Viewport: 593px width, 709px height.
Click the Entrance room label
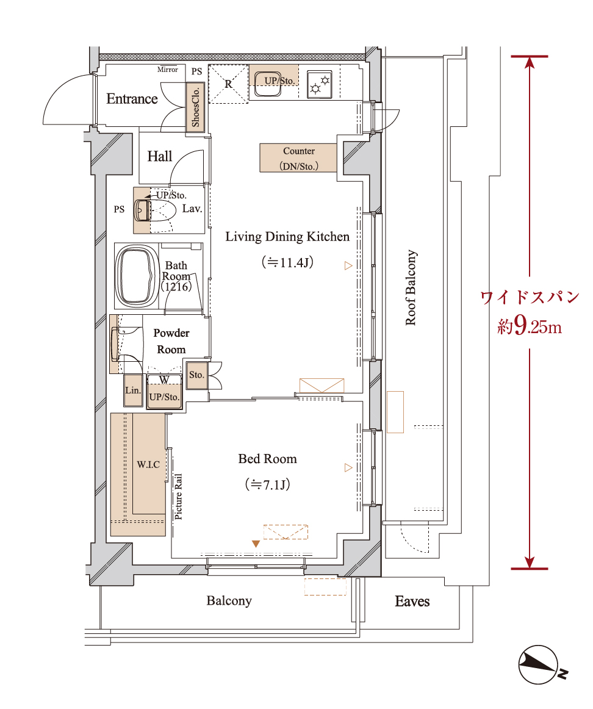point(132,99)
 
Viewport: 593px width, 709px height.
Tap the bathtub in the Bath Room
point(137,275)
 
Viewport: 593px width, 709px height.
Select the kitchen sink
point(267,84)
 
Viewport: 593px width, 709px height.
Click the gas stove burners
point(320,85)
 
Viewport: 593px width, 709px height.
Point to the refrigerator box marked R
point(228,84)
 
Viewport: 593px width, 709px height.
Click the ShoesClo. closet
point(195,107)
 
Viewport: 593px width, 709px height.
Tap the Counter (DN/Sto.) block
point(298,158)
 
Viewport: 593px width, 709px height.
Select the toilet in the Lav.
point(156,211)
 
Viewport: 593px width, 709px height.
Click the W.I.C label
point(148,464)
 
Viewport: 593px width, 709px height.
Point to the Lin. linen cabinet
point(134,390)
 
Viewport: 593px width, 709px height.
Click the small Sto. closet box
point(196,375)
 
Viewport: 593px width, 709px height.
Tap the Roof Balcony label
point(411,287)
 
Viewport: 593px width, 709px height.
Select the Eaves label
point(412,602)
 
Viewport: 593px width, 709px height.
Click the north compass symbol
point(539,665)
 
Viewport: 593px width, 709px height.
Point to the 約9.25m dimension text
point(530,326)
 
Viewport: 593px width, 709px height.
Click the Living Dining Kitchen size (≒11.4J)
point(287,262)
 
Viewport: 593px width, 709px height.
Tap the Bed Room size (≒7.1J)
point(268,484)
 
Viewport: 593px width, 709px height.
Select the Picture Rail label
point(179,497)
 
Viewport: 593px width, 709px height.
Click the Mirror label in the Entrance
point(168,70)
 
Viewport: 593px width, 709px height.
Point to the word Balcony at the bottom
point(229,601)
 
